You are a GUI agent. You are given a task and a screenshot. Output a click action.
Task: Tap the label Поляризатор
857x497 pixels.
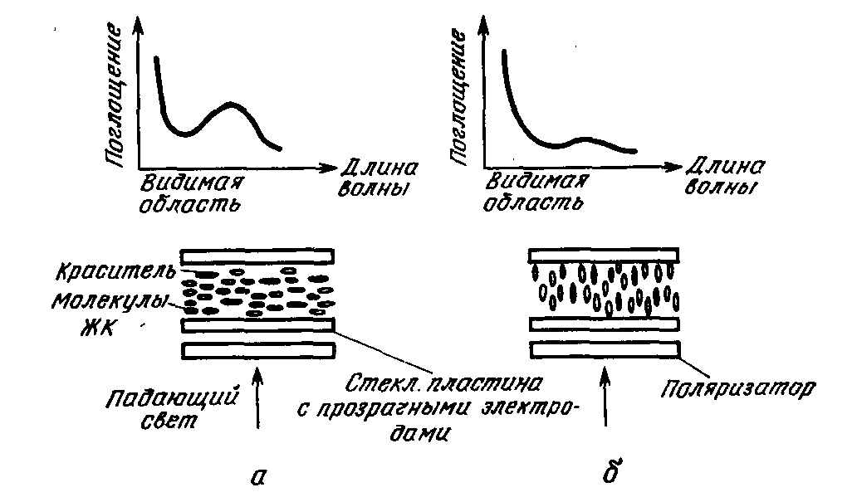(x=738, y=388)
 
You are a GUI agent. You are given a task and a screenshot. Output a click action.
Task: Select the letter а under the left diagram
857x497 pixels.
(x=257, y=477)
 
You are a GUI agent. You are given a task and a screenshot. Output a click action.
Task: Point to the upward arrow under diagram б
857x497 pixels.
(x=605, y=396)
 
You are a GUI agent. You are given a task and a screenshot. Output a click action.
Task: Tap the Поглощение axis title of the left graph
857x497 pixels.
(x=114, y=94)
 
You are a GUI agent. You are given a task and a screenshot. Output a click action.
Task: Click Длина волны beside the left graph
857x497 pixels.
(x=378, y=178)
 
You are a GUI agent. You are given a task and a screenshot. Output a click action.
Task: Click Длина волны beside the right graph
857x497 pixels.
(x=725, y=176)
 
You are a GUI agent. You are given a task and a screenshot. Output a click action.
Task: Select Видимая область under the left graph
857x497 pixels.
(x=190, y=193)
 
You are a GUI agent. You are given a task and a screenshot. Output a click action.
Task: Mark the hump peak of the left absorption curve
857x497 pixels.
(x=230, y=104)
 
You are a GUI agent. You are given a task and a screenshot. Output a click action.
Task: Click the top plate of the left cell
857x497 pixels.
(x=257, y=256)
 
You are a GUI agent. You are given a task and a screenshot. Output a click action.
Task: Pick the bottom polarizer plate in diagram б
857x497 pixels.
(x=605, y=349)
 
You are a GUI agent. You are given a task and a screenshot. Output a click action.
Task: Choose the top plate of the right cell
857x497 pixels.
(x=604, y=256)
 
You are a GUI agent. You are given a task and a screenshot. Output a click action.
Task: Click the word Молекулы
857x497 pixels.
(x=109, y=301)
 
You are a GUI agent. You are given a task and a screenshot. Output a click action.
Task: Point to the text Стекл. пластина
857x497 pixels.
(x=443, y=384)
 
